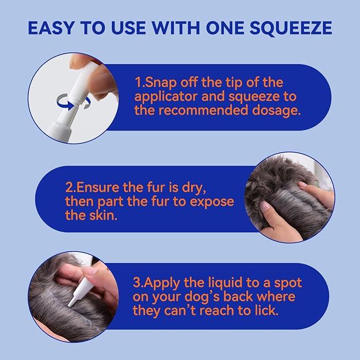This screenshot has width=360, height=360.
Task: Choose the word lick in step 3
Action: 264,310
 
